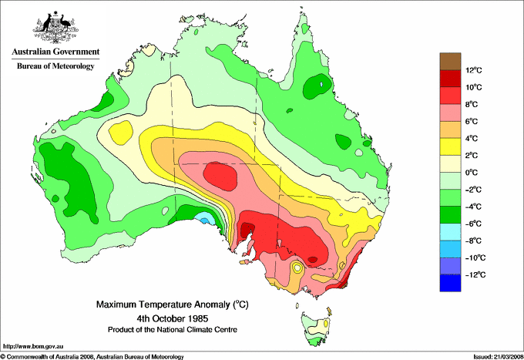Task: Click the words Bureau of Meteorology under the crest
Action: pos(55,66)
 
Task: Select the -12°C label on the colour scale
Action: pos(473,274)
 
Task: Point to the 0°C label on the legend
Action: pos(472,173)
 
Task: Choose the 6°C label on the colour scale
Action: pos(472,122)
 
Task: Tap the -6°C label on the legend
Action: pos(472,224)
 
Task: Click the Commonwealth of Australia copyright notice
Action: pos(92,355)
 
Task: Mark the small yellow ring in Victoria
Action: pos(297,268)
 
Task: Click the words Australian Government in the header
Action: pos(55,52)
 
